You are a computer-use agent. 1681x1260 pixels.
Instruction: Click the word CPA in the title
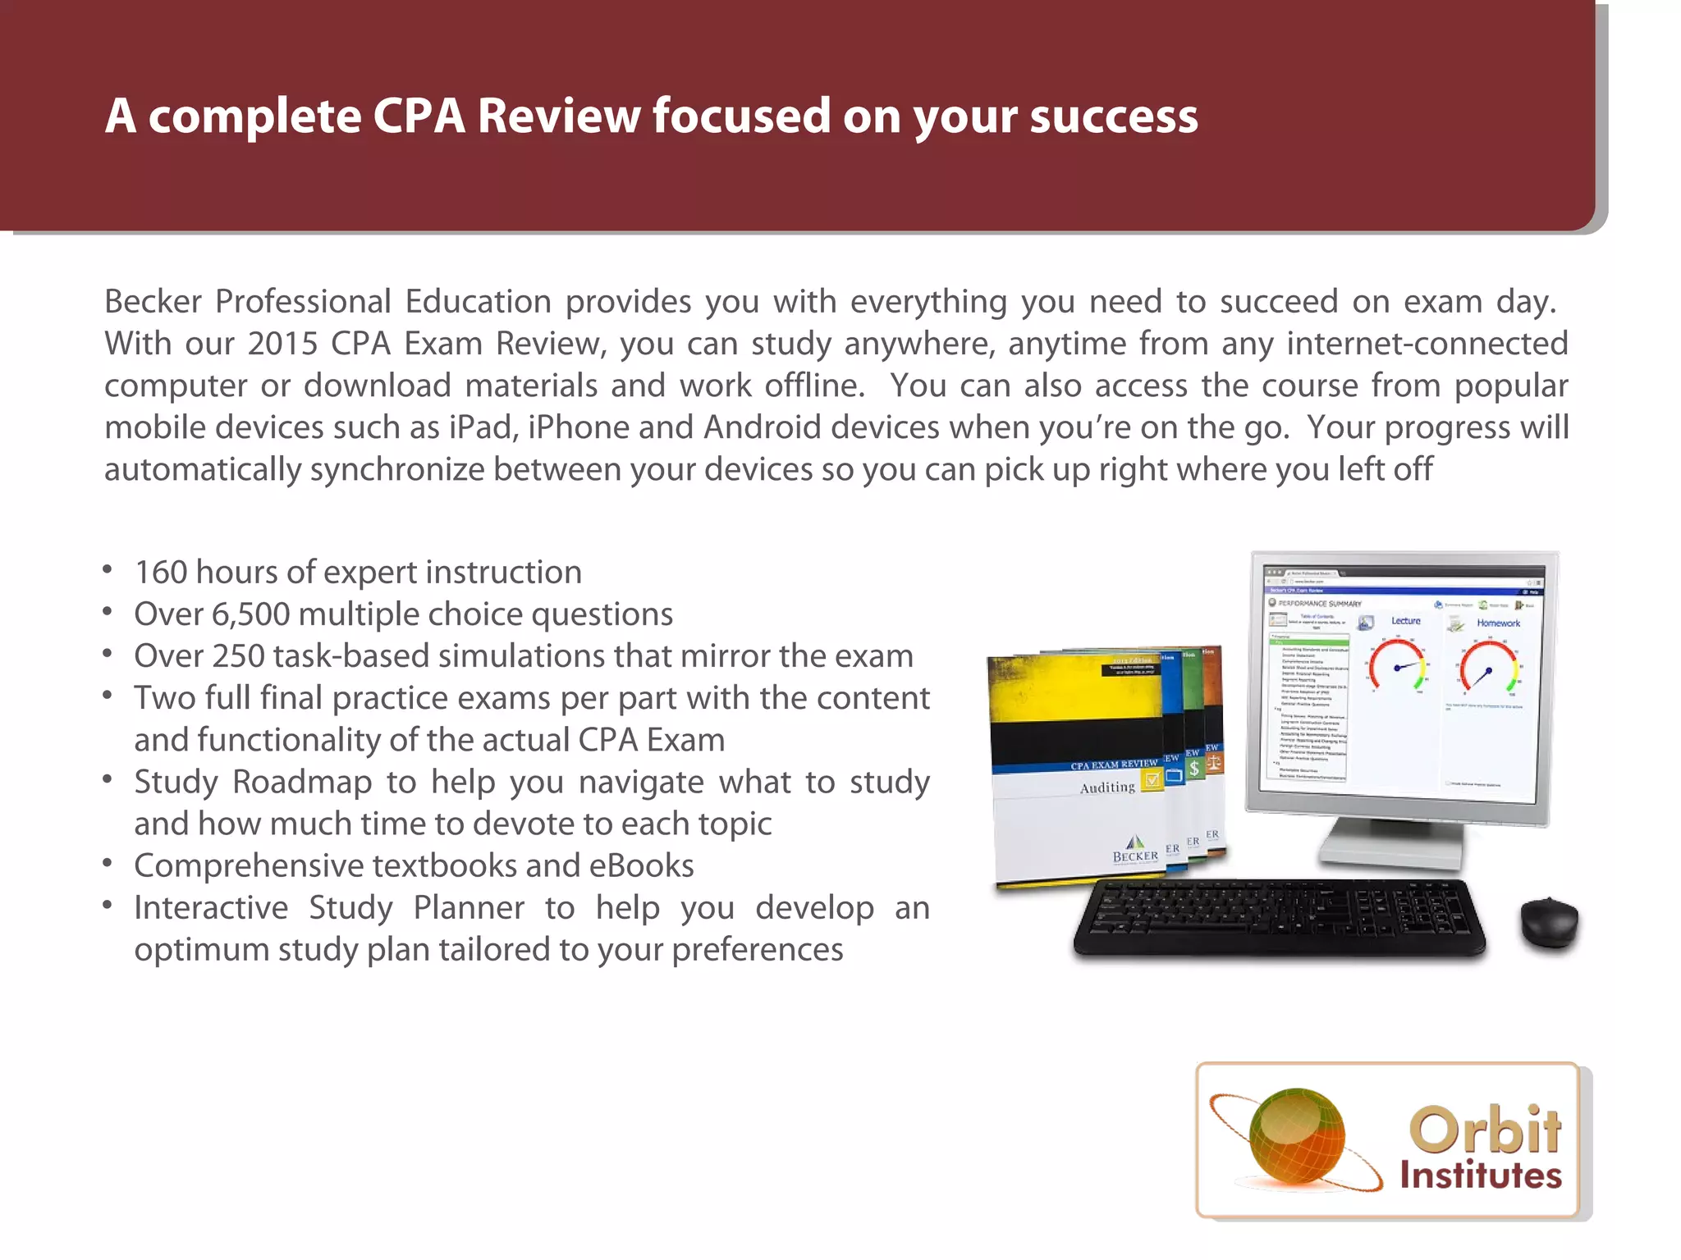coord(419,116)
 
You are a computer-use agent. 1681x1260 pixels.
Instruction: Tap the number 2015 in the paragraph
coord(282,344)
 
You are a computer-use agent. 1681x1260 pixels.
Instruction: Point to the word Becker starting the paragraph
coord(153,302)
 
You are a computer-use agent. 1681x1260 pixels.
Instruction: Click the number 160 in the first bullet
coord(161,573)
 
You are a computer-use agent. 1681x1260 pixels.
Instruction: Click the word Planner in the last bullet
coord(469,908)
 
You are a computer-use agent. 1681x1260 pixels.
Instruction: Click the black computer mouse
coord(1549,921)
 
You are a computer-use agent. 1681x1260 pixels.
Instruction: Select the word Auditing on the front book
coord(1107,787)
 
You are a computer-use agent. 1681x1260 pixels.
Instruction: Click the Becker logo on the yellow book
coord(1135,850)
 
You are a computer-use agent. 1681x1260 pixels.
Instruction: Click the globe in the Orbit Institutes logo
coord(1296,1137)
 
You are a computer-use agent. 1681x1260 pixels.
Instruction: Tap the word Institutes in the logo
coord(1480,1176)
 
